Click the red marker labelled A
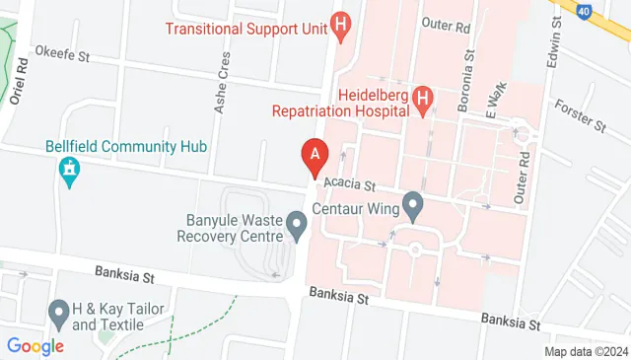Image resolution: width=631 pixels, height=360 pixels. point(315,156)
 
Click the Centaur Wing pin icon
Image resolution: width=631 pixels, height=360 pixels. point(413,208)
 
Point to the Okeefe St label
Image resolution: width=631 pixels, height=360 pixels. point(62,51)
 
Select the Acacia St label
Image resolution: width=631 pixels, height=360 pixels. point(356,184)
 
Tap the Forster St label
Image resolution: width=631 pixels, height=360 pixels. point(579,115)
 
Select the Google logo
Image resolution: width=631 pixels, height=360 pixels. point(35,346)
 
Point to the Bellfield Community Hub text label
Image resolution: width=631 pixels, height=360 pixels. point(126,146)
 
